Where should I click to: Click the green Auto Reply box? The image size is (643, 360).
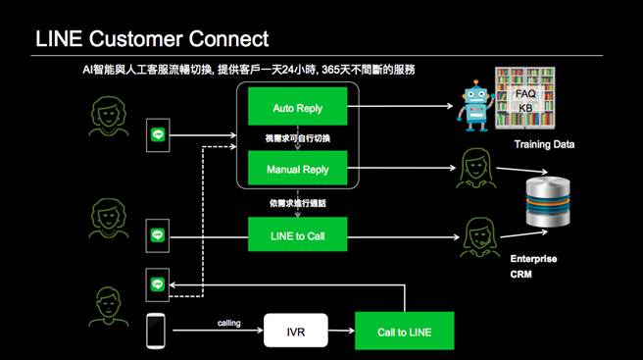click(x=297, y=107)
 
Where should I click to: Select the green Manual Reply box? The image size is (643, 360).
click(x=297, y=170)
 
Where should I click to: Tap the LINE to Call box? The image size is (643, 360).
click(x=297, y=235)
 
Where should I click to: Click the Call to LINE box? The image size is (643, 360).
click(x=405, y=332)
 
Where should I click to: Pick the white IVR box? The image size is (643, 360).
click(x=296, y=332)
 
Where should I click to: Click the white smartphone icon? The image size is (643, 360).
click(x=156, y=330)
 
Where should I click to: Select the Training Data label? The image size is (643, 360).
click(x=544, y=144)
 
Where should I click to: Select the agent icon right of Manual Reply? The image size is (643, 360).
click(x=473, y=170)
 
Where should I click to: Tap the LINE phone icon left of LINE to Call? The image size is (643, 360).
click(x=156, y=235)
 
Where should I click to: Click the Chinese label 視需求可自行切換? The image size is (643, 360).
click(x=296, y=138)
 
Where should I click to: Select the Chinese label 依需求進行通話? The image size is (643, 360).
click(x=296, y=203)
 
